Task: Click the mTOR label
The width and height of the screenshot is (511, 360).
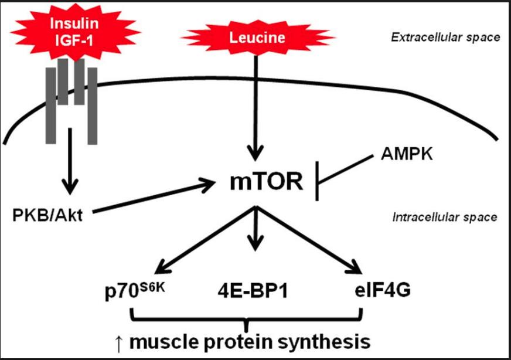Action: (266, 182)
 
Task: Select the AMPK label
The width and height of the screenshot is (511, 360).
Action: (407, 154)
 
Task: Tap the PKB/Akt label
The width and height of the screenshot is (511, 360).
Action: (47, 216)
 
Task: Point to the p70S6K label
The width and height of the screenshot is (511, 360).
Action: (135, 291)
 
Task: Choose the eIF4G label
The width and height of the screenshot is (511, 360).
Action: (383, 290)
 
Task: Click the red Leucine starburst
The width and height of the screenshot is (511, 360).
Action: (257, 38)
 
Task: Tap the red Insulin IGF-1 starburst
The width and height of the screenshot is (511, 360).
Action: (74, 32)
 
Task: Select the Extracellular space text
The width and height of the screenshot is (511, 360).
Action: (445, 38)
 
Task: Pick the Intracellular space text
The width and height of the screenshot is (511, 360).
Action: (445, 217)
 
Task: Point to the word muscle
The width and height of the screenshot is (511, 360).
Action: (163, 341)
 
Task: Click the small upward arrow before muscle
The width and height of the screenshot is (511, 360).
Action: (118, 344)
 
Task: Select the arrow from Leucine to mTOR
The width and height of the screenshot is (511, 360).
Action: (255, 108)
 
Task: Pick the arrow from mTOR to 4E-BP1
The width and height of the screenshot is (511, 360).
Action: (255, 228)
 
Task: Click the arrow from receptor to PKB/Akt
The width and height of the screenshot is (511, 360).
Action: (70, 161)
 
